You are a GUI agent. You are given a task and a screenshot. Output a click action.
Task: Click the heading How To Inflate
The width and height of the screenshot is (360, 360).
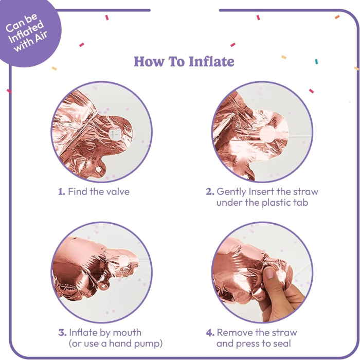click(x=184, y=62)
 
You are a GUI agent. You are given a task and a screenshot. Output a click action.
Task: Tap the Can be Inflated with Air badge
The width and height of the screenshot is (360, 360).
click(x=27, y=32)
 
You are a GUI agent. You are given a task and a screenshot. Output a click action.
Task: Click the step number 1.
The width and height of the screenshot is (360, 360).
click(x=61, y=192)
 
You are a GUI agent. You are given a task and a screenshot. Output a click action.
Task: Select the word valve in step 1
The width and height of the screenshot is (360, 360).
click(x=117, y=192)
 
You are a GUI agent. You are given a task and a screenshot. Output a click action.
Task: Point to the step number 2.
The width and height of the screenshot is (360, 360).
click(x=210, y=192)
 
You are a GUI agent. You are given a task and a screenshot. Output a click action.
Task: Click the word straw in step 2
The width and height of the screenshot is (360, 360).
click(x=304, y=192)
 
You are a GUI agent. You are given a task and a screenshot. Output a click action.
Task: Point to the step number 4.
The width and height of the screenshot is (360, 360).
click(x=210, y=333)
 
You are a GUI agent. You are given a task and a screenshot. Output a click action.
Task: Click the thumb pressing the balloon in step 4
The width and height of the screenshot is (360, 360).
click(x=272, y=278)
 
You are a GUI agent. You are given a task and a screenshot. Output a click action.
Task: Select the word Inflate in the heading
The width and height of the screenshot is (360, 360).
click(x=211, y=62)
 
